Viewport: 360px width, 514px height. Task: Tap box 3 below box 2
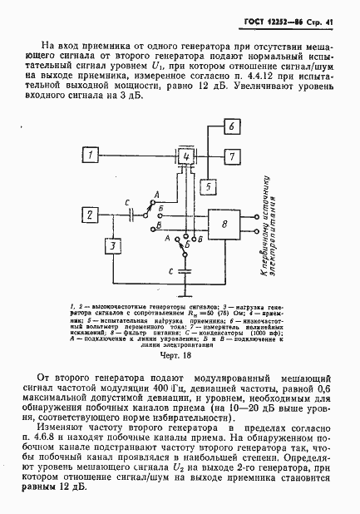tap(111, 247)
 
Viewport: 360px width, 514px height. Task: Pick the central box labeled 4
tap(187, 156)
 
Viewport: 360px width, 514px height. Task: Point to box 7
tap(233, 156)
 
